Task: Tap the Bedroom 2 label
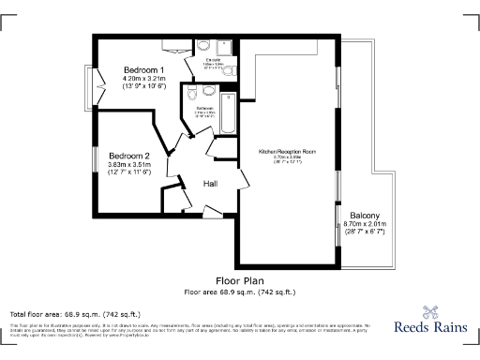[x=128, y=156]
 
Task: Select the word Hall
[x=211, y=185]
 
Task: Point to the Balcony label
[x=365, y=217]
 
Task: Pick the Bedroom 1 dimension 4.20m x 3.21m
[x=144, y=78]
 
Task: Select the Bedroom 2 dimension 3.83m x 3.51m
[x=129, y=164]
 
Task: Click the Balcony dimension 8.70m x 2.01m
[x=365, y=225]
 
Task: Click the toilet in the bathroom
[x=191, y=94]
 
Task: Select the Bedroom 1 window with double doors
[x=98, y=92]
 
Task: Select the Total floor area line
[x=75, y=313]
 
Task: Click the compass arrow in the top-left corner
[x=13, y=13]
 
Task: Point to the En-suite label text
[x=215, y=60]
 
